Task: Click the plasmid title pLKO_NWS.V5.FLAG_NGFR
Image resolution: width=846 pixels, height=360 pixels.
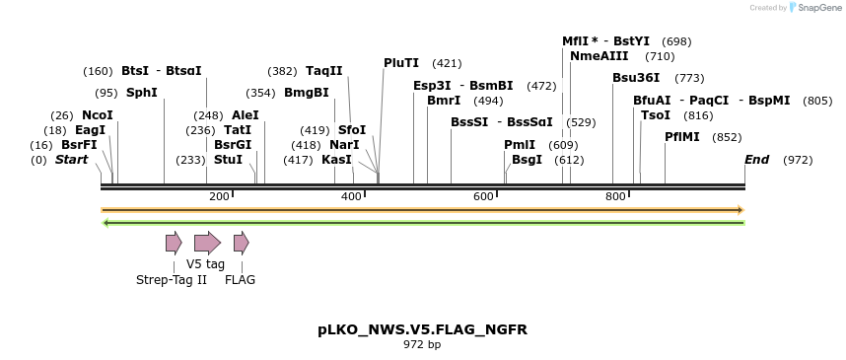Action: pos(422,329)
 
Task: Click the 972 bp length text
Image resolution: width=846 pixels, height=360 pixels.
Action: pos(422,345)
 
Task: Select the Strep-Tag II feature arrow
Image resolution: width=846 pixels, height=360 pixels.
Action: pos(174,243)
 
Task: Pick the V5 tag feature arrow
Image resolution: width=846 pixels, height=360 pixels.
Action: pos(207,243)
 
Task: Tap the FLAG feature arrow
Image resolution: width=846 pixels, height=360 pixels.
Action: pos(241,243)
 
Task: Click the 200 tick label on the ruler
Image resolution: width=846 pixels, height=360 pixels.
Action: pos(219,197)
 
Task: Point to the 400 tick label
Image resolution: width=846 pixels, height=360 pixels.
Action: pos(352,197)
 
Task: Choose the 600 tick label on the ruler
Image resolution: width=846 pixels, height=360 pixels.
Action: pos(483,197)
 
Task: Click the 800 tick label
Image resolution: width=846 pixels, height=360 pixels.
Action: pos(615,197)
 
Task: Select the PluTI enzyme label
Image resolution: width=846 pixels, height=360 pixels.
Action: pos(401,63)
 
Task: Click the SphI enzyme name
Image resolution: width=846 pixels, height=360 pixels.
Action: pos(141,93)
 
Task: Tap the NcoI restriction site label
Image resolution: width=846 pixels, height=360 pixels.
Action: pos(98,115)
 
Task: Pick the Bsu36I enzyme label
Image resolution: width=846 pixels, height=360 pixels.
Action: pos(636,78)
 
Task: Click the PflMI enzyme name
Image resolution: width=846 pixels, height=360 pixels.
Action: pos(682,137)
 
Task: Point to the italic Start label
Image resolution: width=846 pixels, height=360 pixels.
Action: pos(71,160)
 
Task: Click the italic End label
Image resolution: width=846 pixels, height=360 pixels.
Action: pos(756,160)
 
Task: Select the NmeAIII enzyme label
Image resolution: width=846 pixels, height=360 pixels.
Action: pos(599,56)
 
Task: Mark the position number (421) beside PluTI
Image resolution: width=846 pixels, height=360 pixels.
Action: pos(447,63)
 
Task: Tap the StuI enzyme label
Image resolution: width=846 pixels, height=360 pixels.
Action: pos(228,160)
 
